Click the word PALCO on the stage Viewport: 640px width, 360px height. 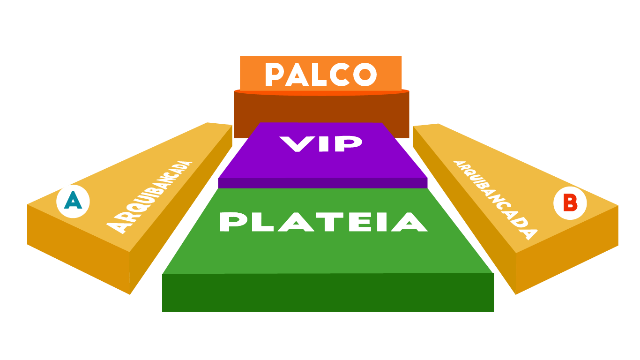click(321, 75)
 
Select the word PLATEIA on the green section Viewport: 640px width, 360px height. click(323, 222)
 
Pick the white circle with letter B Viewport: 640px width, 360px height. click(570, 203)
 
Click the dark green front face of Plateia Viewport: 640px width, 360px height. click(328, 292)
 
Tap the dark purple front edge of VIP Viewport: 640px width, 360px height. click(323, 183)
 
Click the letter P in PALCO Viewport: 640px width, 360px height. click(276, 75)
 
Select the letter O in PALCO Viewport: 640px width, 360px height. click(365, 75)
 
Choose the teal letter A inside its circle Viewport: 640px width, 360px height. click(73, 202)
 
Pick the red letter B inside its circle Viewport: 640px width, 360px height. click(570, 203)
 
